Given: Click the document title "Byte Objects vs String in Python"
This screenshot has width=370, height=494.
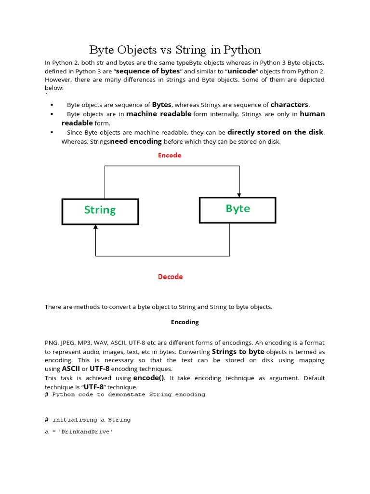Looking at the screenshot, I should pyautogui.click(x=175, y=50).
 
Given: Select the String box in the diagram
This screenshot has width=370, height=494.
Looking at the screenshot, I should pyautogui.click(x=100, y=211).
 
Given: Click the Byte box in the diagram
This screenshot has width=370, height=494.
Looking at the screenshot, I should pyautogui.click(x=238, y=209).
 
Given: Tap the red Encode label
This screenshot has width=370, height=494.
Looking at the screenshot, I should pyautogui.click(x=170, y=155).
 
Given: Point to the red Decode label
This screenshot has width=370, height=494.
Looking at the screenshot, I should pyautogui.click(x=171, y=277).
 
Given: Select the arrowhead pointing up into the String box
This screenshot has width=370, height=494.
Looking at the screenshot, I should pyautogui.click(x=95, y=227).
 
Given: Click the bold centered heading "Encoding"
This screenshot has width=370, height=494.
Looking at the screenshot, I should pyautogui.click(x=185, y=322).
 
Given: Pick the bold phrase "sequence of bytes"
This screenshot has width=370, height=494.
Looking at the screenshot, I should pyautogui.click(x=149, y=71).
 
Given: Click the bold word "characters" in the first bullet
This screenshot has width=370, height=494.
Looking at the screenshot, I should pyautogui.click(x=289, y=105).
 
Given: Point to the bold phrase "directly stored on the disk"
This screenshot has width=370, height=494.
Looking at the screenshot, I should pyautogui.click(x=276, y=132).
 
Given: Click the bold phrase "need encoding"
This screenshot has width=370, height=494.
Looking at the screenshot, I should pyautogui.click(x=136, y=141).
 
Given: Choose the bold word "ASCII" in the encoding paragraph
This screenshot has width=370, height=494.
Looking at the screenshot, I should pyautogui.click(x=70, y=369).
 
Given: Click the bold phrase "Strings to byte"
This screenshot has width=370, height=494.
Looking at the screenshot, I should pyautogui.click(x=238, y=352).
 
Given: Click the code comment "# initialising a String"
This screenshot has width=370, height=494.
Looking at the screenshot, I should pyautogui.click(x=88, y=420).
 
